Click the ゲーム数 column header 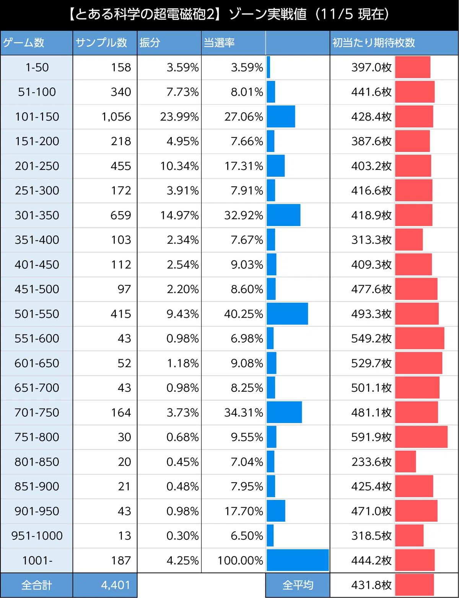(x=24, y=42)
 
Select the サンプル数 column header (x=101, y=42)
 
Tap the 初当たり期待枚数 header (x=373, y=42)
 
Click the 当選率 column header (x=219, y=42)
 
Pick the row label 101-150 (x=37, y=116)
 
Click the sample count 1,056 (x=116, y=116)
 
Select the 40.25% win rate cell (x=243, y=314)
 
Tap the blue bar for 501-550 (x=287, y=314)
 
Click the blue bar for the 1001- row (x=298, y=560)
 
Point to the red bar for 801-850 (x=405, y=462)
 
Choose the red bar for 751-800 (x=421, y=437)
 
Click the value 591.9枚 (x=371, y=437)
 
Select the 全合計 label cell (x=37, y=585)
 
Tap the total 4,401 (x=116, y=585)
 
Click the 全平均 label (x=298, y=585)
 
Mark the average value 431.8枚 (x=371, y=585)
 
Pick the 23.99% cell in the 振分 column (x=179, y=116)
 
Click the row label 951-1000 (x=37, y=536)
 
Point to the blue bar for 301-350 (x=283, y=215)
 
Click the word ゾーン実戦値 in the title (x=267, y=15)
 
